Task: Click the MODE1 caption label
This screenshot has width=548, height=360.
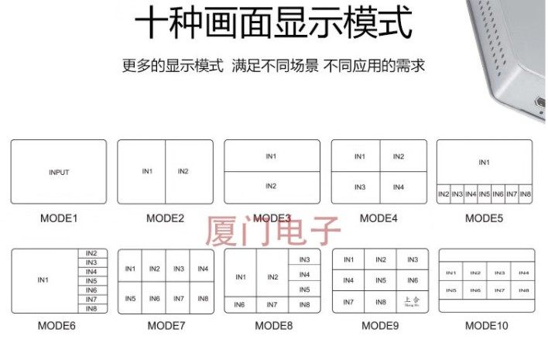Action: point(59,218)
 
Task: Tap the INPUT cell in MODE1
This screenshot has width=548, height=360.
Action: point(59,172)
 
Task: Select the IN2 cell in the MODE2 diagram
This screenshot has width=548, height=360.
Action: point(183,171)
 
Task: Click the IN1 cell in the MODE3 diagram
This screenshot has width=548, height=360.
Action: point(271,156)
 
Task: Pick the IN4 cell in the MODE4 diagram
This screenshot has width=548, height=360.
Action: point(398,187)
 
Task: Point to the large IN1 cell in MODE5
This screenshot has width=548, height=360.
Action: point(484,163)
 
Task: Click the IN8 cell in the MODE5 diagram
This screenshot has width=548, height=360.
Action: point(526,194)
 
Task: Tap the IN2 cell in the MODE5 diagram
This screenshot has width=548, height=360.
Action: point(444,194)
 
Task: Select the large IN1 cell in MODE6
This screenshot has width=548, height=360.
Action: point(44,280)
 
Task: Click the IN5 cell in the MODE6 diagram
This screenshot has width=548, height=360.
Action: point(91,281)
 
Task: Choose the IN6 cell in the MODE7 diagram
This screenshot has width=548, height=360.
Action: point(155,298)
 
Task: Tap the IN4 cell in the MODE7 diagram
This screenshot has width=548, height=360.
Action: point(203,269)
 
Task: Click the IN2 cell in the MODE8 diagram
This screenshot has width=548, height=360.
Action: point(272,276)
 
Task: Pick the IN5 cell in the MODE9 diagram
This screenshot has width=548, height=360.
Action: point(380,281)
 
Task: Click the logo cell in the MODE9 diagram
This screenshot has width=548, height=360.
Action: point(412,302)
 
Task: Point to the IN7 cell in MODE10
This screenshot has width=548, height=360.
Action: point(499,290)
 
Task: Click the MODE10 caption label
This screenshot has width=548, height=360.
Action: point(486,326)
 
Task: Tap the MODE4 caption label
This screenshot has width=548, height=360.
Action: point(378,218)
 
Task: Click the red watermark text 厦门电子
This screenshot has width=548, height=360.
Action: point(272,229)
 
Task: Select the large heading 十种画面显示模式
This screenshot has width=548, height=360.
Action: point(273,24)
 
